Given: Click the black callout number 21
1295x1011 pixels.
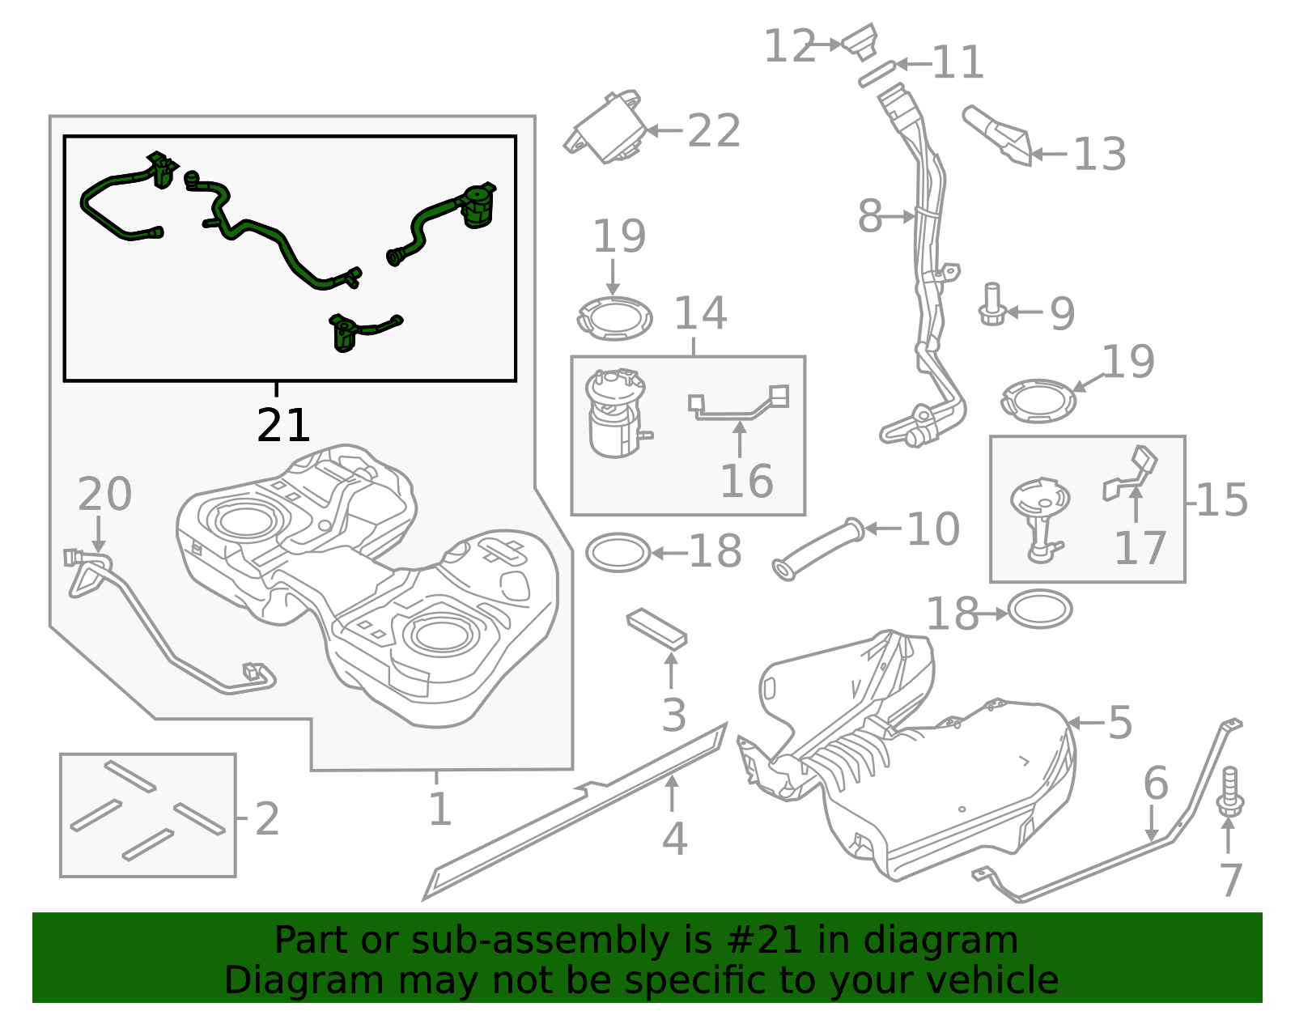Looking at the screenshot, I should pos(283,426).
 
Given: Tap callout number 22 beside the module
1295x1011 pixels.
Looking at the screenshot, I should pos(713,131).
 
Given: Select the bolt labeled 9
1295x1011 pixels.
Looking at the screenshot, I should pos(992,304).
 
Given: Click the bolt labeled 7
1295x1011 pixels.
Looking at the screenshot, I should pos(1229,793).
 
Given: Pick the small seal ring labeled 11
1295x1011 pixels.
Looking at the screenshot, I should pos(877,74).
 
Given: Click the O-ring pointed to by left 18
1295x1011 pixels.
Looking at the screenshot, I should pos(618,553).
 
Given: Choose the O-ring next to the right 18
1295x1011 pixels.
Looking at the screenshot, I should pos(1040,610).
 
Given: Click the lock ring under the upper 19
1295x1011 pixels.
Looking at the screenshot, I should pos(615,318).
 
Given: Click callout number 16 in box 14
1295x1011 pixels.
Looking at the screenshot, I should pos(746,482).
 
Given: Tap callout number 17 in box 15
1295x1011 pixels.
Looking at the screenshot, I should pos(1140,548).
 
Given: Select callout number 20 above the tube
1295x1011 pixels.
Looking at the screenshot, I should pos(104,495).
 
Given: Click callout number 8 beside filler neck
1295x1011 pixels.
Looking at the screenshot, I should pos(870,217).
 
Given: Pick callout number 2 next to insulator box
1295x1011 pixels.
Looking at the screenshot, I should pos(266,819).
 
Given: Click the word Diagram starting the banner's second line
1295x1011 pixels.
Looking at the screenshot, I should pos(281,980).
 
